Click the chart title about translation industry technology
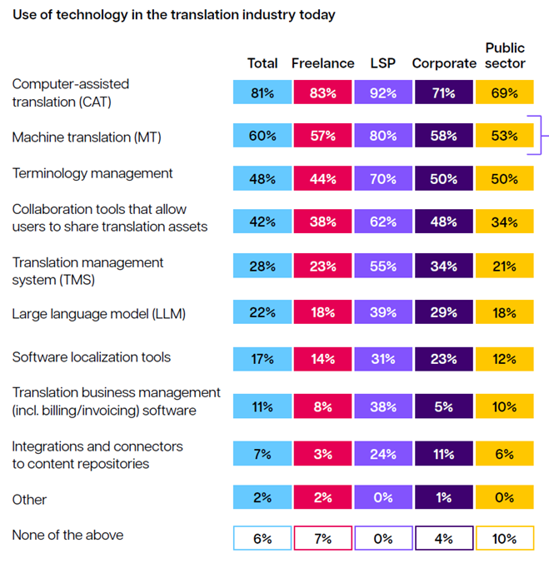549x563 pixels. point(173,15)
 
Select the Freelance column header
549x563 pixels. point(323,64)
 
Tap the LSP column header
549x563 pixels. point(382,64)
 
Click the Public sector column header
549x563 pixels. point(505,56)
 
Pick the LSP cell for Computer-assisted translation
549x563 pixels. point(383,93)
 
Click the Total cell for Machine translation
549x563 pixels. point(262,136)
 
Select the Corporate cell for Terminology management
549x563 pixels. point(443,179)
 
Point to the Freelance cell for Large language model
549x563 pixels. point(323,313)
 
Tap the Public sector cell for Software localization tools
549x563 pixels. point(504,359)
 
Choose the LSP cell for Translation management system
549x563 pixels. point(383,267)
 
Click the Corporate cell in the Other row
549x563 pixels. point(443,497)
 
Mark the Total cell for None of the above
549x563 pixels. point(262,538)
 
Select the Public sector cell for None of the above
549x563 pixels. point(504,538)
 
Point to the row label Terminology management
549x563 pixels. point(92,173)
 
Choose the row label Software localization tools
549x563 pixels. point(92,357)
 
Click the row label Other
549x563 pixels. point(29,500)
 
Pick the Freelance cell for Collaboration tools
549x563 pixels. point(323,222)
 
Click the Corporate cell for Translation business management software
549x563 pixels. point(443,408)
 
